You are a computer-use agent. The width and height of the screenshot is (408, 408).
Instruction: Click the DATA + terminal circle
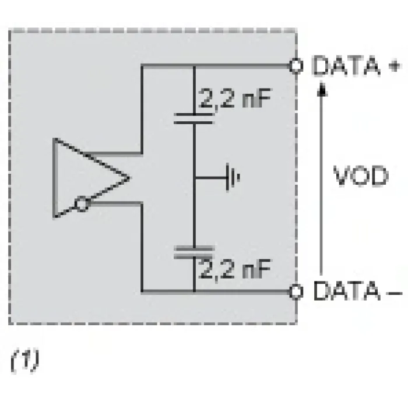[296, 65]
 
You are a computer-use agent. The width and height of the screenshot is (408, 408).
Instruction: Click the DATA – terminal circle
[296, 291]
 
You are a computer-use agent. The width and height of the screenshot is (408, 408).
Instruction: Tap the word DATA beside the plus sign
[346, 65]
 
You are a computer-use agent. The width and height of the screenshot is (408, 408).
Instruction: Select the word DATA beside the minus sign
[346, 291]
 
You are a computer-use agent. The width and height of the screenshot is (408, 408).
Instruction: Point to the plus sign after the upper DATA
[394, 66]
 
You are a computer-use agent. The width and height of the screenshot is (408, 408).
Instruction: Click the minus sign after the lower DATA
[394, 293]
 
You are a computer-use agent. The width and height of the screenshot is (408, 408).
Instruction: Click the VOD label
[361, 176]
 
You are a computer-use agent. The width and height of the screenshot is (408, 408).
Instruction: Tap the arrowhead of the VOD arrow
[322, 89]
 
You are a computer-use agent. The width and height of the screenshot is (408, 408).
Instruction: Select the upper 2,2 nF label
[235, 99]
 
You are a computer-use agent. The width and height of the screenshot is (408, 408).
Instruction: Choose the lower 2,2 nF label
[235, 269]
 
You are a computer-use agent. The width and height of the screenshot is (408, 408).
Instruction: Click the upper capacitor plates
[194, 118]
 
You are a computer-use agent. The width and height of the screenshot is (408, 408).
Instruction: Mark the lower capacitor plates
[194, 252]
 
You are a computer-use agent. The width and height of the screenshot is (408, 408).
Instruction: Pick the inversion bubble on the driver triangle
[82, 204]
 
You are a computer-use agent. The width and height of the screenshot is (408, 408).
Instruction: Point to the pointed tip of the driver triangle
[129, 178]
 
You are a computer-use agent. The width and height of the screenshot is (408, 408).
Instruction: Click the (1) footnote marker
[25, 361]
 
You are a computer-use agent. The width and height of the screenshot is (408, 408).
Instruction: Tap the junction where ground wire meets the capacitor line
[194, 178]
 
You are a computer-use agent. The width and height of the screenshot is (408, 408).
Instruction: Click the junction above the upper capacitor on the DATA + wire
[194, 65]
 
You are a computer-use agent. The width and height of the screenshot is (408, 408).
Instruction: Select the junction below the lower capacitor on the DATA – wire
[194, 291]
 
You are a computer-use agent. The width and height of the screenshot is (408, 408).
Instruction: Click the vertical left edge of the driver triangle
[54, 178]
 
